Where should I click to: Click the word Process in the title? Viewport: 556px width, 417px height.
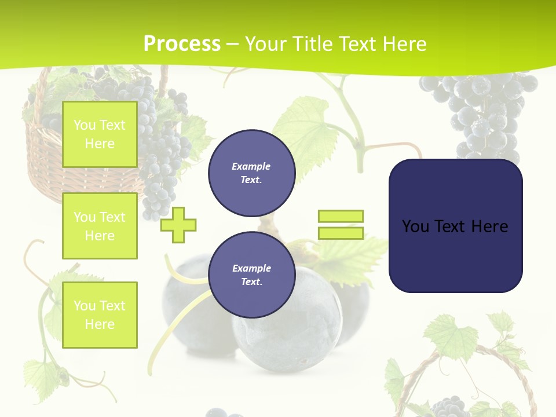click(182, 44)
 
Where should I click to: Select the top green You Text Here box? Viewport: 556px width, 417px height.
click(100, 134)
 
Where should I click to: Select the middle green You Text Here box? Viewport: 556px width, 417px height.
click(100, 226)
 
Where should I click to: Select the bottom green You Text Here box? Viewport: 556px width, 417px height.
click(100, 315)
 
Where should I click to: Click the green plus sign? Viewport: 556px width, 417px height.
click(178, 224)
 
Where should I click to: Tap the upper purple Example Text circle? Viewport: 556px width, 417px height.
click(251, 173)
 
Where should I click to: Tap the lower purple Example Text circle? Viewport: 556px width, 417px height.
click(251, 275)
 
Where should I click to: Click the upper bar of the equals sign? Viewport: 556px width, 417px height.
click(341, 217)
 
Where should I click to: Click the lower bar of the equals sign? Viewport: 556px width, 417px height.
click(341, 233)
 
